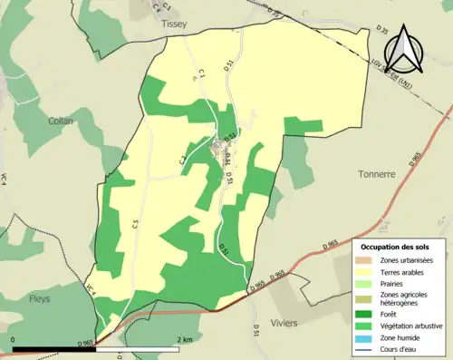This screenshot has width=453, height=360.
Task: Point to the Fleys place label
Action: (40, 297)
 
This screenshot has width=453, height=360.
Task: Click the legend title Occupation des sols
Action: (395, 247)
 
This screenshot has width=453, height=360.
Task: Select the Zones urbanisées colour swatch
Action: (369, 260)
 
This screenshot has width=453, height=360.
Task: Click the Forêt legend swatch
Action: (369, 310)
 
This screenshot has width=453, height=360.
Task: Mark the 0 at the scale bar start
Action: (14, 340)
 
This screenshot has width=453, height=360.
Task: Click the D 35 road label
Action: (381, 32)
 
